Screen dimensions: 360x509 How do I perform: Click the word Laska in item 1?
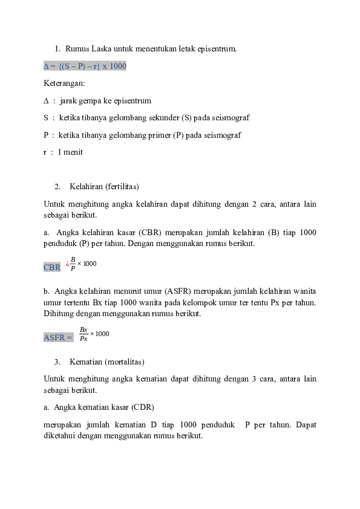pyautogui.click(x=101, y=49)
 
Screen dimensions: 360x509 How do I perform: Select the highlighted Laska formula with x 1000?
pyautogui.click(x=85, y=66)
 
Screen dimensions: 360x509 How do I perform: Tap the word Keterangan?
pyautogui.click(x=64, y=83)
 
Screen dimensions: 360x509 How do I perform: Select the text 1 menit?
pyautogui.click(x=70, y=152)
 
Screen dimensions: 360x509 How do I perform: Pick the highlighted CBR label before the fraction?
pyautogui.click(x=52, y=267)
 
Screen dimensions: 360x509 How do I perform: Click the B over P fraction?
pyautogui.click(x=73, y=264)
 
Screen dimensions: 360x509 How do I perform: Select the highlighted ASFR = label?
pyautogui.click(x=58, y=337)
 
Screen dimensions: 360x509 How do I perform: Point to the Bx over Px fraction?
pyautogui.click(x=83, y=334)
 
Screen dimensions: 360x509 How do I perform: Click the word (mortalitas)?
pyautogui.click(x=125, y=361)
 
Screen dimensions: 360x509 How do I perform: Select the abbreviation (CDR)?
pyautogui.click(x=143, y=407)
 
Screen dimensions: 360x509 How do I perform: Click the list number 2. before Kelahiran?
pyautogui.click(x=57, y=186)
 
